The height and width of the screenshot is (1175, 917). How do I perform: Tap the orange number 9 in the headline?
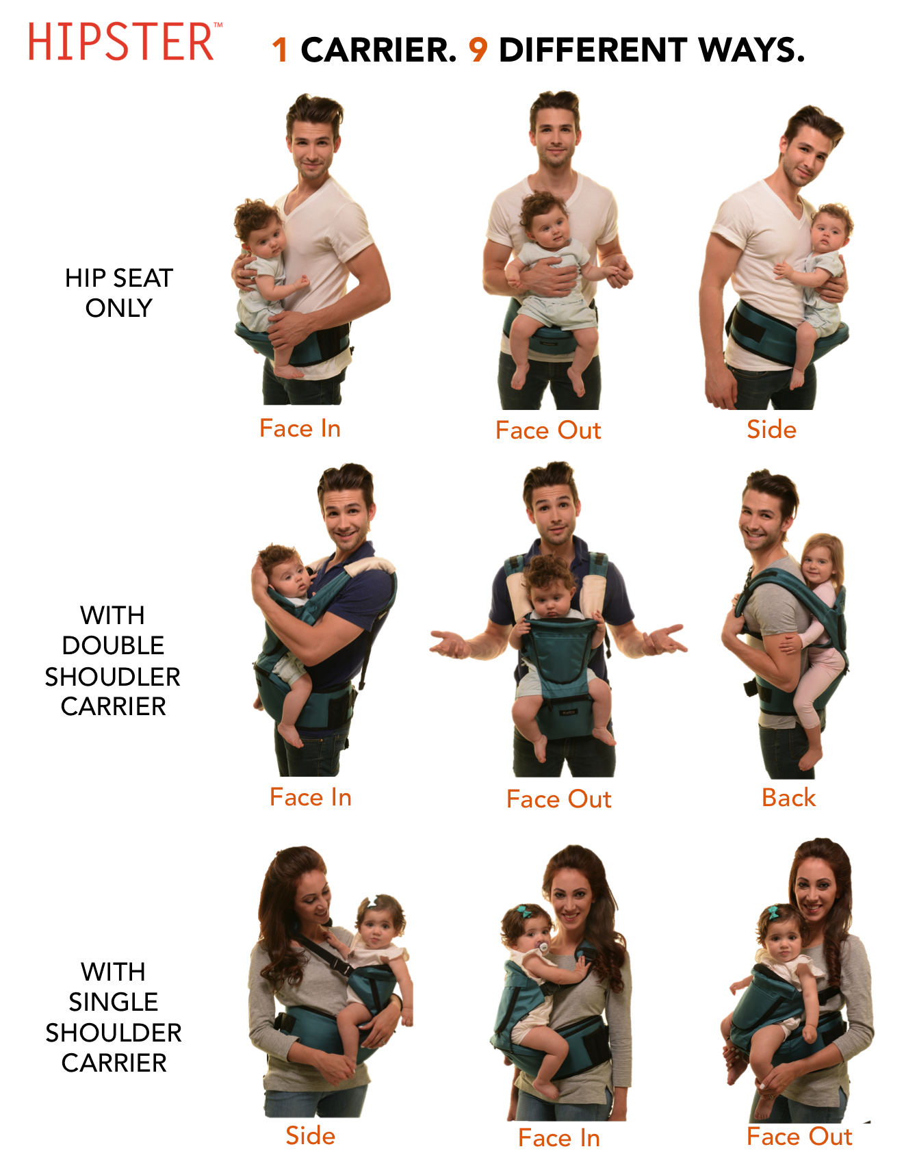point(478,50)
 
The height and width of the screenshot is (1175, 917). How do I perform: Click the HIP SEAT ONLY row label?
point(118,293)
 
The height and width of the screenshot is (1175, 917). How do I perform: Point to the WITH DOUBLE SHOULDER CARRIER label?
point(113,660)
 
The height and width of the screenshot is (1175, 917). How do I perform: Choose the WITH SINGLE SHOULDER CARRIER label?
point(114,1017)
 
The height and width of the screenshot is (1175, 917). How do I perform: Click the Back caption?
point(789,798)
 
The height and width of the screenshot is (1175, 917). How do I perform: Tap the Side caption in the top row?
point(772,430)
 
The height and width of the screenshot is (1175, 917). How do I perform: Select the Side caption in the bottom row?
point(311,1136)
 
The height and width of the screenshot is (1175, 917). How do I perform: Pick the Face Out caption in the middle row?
point(559,799)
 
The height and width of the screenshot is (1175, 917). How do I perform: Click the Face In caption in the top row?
point(300,428)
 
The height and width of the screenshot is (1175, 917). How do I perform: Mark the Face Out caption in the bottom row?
point(799,1137)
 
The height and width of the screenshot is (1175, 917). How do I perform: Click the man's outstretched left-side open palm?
point(448,643)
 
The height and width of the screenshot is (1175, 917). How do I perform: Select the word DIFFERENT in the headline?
point(593,50)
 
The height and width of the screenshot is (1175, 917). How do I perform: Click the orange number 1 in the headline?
point(280,50)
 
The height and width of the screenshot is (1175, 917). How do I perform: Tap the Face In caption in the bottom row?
point(559,1138)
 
